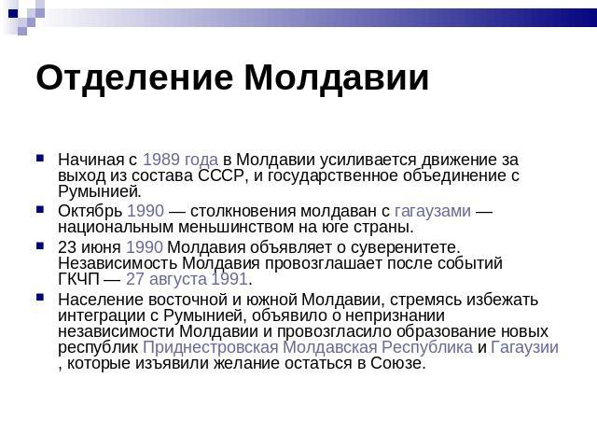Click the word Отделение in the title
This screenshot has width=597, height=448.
(x=134, y=78)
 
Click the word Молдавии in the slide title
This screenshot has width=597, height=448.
(x=337, y=78)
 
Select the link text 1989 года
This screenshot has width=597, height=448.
(x=180, y=160)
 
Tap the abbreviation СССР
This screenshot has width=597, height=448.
(x=220, y=175)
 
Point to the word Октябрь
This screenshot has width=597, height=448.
(x=90, y=211)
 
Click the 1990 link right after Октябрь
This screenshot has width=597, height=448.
(x=146, y=211)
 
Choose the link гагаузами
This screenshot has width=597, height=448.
(x=433, y=212)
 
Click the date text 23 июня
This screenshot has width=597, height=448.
(x=90, y=247)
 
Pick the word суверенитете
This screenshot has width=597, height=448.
(x=406, y=248)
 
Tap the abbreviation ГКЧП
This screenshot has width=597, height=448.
(x=78, y=279)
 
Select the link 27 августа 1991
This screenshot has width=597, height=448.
(x=187, y=279)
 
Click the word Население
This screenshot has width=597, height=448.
(x=101, y=300)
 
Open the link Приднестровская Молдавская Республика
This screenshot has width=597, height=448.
(x=308, y=347)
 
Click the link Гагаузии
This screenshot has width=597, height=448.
(x=524, y=347)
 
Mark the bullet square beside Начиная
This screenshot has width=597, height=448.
(x=40, y=158)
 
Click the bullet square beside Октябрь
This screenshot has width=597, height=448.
(x=40, y=209)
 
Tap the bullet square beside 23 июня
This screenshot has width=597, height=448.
(x=40, y=245)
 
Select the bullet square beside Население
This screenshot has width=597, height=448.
(x=40, y=298)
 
